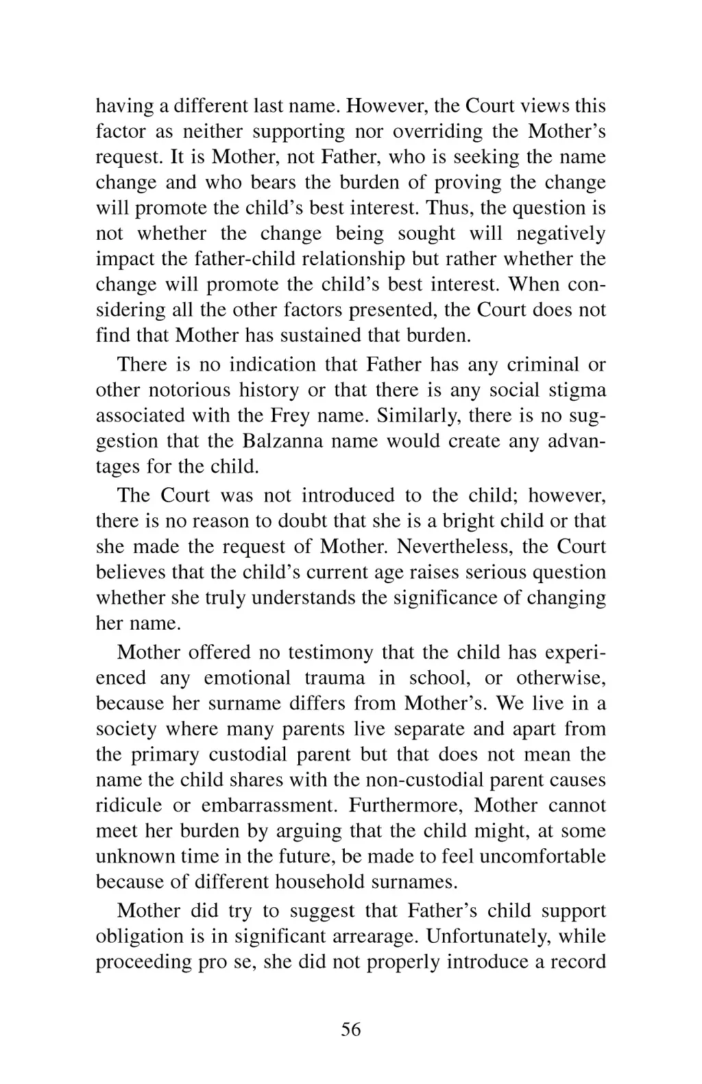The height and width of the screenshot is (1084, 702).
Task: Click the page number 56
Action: coord(350,1029)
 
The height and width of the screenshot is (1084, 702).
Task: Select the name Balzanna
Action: coord(275,441)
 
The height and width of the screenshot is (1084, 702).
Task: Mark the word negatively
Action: coord(561,234)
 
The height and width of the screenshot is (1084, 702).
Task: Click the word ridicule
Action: coord(129,805)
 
